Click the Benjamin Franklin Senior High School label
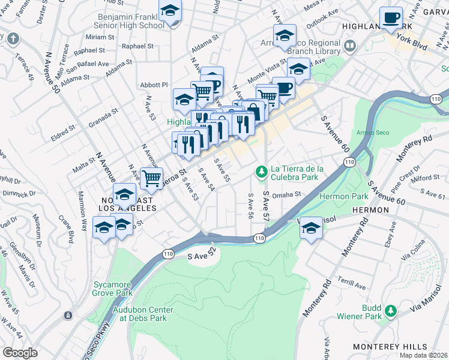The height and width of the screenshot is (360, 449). (x=130, y=21)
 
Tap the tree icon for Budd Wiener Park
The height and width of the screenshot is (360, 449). (x=391, y=310)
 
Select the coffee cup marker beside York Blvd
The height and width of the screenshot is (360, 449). (x=391, y=18)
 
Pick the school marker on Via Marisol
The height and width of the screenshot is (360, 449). (x=310, y=228)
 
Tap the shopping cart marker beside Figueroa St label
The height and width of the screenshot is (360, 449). (x=152, y=178)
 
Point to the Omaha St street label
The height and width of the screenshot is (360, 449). (x=285, y=194)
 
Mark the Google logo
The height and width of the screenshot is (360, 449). (x=20, y=353)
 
